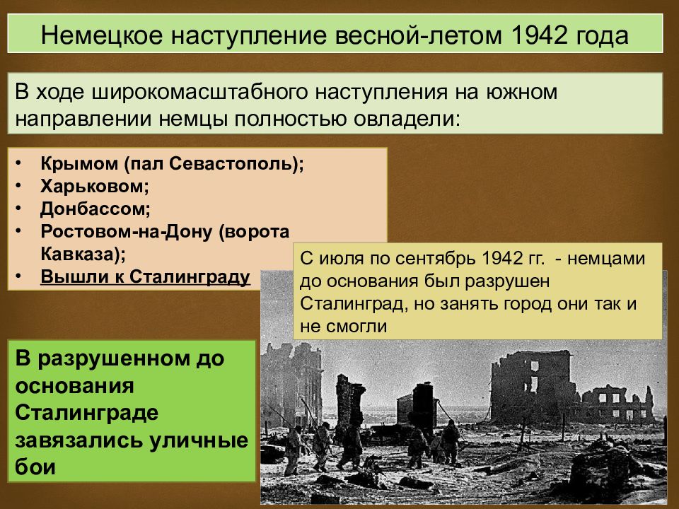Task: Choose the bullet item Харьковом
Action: tap(95, 187)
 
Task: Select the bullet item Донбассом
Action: tap(95, 209)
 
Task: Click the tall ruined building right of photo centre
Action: tap(530, 386)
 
